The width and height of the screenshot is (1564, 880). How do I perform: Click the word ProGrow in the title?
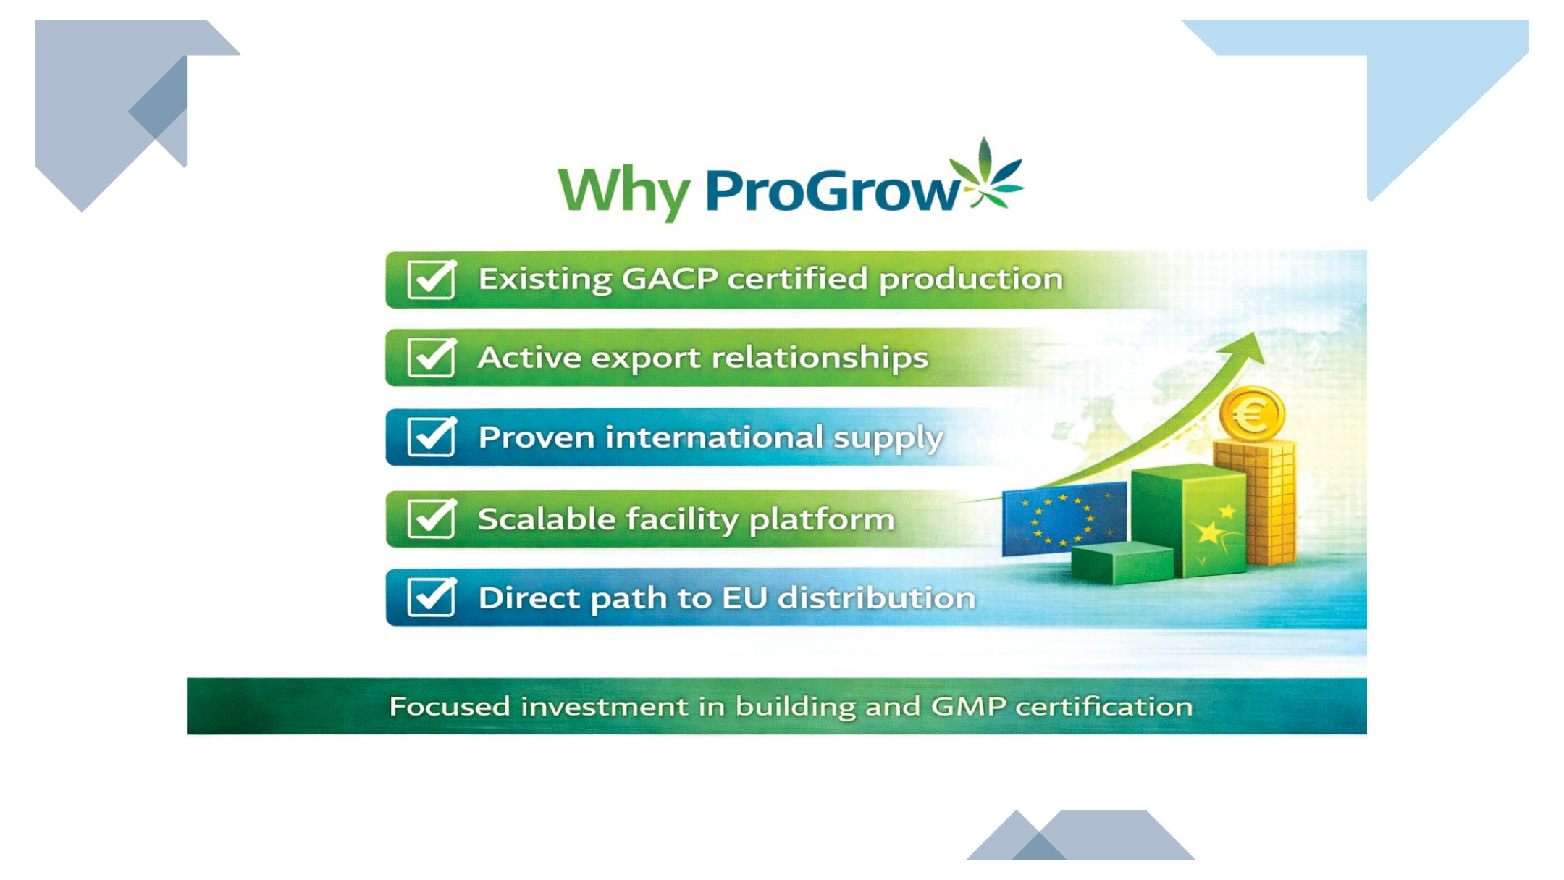[x=833, y=190]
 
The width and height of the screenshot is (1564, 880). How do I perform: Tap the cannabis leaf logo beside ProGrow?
[x=985, y=173]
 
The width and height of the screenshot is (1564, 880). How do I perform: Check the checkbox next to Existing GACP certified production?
[x=432, y=279]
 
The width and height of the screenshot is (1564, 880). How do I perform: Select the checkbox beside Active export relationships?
[x=432, y=358]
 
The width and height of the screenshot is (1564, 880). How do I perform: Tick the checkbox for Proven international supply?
[x=432, y=437]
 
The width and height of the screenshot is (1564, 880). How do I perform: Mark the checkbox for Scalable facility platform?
[x=432, y=519]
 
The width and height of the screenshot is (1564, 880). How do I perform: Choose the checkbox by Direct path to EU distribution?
[x=432, y=598]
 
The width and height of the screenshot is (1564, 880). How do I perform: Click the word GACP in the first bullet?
[x=670, y=279]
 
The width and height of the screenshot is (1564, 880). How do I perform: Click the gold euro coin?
[x=1252, y=414]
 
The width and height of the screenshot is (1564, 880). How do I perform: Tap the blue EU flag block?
[x=1064, y=518]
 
